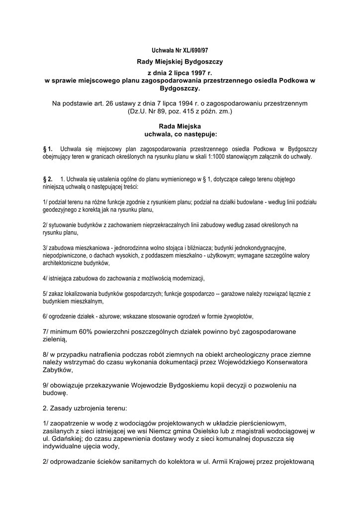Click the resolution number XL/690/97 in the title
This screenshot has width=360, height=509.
192,51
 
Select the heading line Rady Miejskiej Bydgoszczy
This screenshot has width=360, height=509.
180,62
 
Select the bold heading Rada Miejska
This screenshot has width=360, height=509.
180,126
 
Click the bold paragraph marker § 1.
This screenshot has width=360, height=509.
48,149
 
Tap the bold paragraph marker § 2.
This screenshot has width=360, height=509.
48,178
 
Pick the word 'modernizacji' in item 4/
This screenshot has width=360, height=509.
186,278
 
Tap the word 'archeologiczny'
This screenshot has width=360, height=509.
264,354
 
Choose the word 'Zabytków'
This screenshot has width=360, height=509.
58,370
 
